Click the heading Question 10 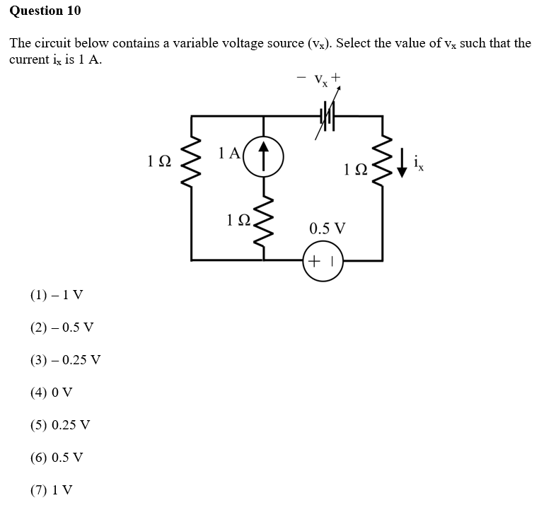pyautogui.click(x=45, y=11)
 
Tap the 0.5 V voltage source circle pyautogui.click(x=322, y=260)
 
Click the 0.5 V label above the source pyautogui.click(x=328, y=228)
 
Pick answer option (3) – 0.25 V pyautogui.click(x=65, y=360)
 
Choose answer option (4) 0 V pyautogui.click(x=51, y=393)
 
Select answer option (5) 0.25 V pyautogui.click(x=60, y=425)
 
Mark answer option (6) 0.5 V pyautogui.click(x=57, y=458)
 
